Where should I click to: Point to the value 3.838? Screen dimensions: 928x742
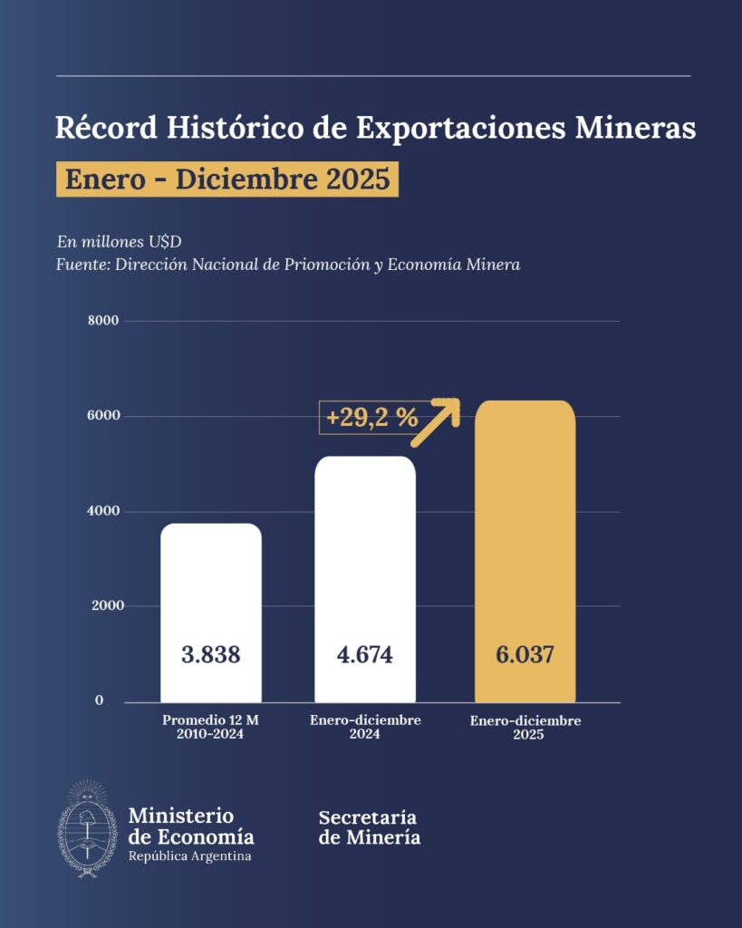click(211, 655)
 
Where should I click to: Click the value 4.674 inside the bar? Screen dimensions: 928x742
click(364, 655)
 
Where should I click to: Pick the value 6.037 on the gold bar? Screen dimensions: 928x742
click(525, 655)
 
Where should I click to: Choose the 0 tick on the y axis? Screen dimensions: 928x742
click(100, 701)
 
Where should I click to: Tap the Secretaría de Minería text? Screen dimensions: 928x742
click(369, 827)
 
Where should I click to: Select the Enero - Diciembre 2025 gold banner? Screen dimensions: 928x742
click(227, 179)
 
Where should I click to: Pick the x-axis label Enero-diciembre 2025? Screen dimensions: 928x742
click(525, 728)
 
